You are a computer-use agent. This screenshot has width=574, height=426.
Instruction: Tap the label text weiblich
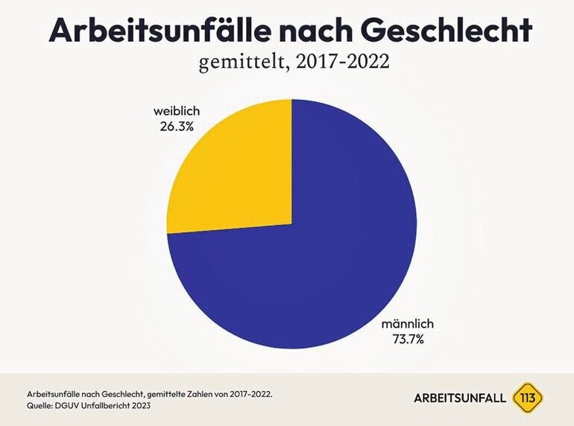pyautogui.click(x=177, y=112)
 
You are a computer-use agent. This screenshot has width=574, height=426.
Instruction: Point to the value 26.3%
pyautogui.click(x=177, y=127)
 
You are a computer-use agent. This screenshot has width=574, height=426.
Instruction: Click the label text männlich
pyautogui.click(x=407, y=325)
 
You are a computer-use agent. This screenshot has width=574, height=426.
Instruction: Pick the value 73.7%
pyautogui.click(x=407, y=340)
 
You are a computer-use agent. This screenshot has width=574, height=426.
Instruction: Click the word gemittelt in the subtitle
pyautogui.click(x=239, y=63)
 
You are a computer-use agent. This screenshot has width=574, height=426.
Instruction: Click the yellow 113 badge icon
pyautogui.click(x=529, y=398)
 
